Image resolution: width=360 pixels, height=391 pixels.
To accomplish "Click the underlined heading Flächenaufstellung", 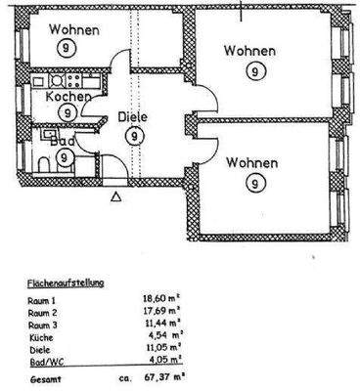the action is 67,283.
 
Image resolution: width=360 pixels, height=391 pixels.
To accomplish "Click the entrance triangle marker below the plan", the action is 116,196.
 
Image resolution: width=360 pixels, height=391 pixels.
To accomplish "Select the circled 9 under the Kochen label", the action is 67,111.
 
